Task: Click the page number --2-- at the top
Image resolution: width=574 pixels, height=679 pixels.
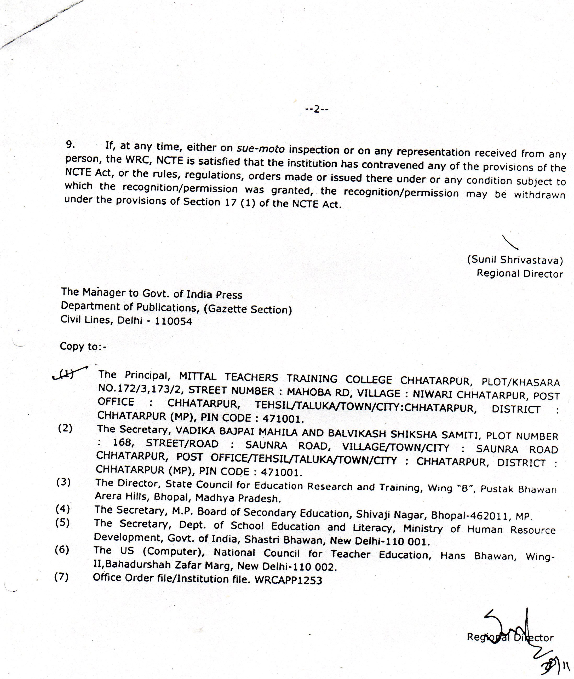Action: tap(317, 109)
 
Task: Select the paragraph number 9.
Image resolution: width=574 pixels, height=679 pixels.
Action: tap(70, 145)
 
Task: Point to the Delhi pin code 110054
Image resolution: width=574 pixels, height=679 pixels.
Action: tap(174, 321)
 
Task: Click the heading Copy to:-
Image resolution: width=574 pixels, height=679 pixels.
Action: tap(83, 347)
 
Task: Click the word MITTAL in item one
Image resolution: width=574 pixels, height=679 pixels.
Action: tap(198, 376)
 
